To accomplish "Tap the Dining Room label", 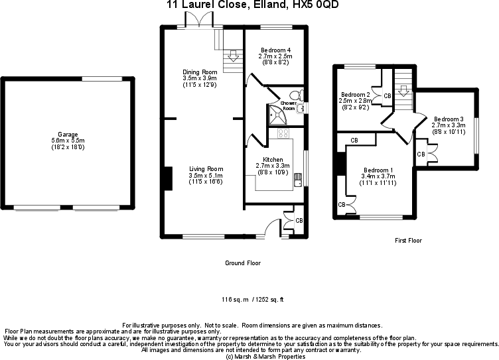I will pos(200,72).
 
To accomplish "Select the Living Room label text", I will pos(205,169).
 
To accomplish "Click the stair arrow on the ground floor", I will pos(232,58).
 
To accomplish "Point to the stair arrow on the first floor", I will pos(402,91).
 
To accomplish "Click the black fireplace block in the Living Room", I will pos(167,179).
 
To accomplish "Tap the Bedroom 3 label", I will pos(448,119).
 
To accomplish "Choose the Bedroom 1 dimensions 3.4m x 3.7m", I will pos(377,176).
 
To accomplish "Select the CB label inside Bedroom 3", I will pos(421,154).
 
